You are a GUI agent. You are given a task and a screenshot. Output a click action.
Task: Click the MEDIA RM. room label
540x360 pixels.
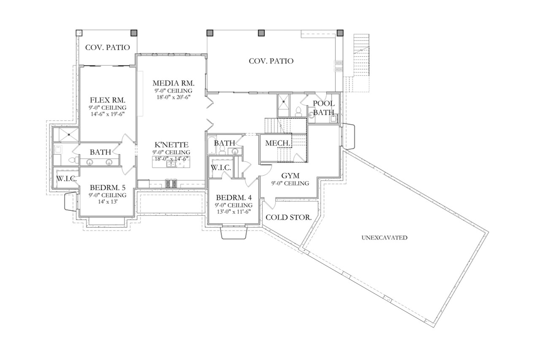point(173,82)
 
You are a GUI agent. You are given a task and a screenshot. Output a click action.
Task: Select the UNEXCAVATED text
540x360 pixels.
point(384,238)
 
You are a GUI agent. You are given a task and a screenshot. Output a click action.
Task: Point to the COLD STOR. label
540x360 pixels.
point(289,218)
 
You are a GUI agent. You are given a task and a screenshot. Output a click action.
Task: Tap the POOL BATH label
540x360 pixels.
point(324,108)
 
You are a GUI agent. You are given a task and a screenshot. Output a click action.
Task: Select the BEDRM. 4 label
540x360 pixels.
point(233,198)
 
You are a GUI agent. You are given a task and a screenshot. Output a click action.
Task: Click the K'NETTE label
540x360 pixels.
point(171,144)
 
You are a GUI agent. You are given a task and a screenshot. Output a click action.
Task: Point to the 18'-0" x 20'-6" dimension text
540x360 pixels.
point(173,97)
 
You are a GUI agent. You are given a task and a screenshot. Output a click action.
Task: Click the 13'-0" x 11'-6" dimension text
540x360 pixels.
point(233,212)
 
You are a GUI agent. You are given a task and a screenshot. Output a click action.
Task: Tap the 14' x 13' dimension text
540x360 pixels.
point(107,202)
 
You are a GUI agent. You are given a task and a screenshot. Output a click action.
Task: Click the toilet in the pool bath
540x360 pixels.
point(299,110)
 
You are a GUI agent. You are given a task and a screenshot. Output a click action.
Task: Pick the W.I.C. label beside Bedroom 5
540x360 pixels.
point(67,179)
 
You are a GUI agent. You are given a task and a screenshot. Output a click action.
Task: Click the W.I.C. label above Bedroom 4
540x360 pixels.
point(221,168)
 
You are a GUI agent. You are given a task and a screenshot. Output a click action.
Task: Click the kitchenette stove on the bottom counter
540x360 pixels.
point(171,184)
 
